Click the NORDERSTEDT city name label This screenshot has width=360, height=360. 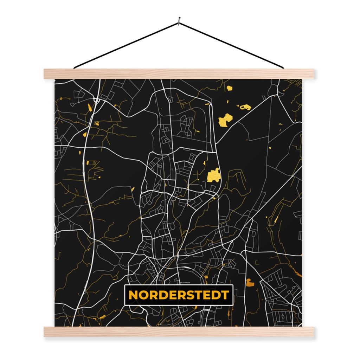click(179, 295)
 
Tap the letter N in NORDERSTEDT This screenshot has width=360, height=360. click(133, 295)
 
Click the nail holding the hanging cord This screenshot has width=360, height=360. click(179, 21)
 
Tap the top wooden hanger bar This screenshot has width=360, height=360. click(179, 74)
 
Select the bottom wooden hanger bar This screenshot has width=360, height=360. click(179, 332)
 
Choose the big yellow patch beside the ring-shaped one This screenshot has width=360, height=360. click(225, 120)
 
